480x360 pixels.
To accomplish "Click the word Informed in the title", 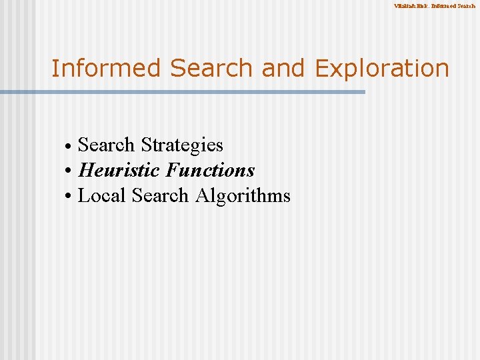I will point(107,68).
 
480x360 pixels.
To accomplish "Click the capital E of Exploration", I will point(323,68).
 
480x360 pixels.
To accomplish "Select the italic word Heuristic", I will point(119,171).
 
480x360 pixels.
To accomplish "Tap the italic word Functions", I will point(209,171).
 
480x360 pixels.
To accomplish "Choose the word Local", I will point(102,196).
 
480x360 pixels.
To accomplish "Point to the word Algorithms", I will point(243,197).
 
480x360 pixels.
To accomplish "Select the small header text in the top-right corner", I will point(434,6).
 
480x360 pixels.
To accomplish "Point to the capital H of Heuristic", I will point(86,171).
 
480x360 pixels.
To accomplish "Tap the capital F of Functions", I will point(171,171).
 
